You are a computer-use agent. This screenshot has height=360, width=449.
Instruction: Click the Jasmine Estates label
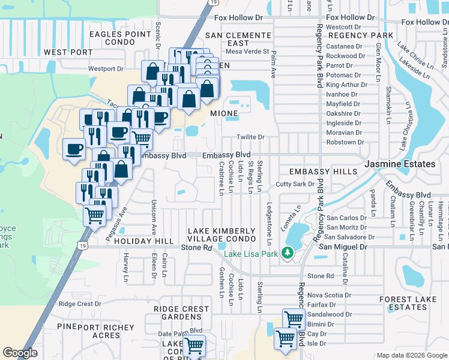pos(400,164)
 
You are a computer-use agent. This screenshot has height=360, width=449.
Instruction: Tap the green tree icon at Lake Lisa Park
pos(288,254)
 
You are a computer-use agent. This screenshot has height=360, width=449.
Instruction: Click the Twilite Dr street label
pos(250,137)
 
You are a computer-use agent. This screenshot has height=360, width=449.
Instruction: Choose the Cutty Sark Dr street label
pos(295,184)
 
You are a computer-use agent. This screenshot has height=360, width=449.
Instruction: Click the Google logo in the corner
pos(20,353)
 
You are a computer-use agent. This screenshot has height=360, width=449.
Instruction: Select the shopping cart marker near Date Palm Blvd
pos(194,346)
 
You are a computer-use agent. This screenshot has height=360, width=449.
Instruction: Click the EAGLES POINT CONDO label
pos(120,38)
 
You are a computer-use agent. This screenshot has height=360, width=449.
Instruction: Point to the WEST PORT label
pos(68,52)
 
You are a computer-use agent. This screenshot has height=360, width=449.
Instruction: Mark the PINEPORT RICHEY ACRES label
pos(89,331)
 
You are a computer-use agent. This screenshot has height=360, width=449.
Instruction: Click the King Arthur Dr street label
pos(345,85)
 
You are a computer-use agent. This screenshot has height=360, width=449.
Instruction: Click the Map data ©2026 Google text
pos(411,355)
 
